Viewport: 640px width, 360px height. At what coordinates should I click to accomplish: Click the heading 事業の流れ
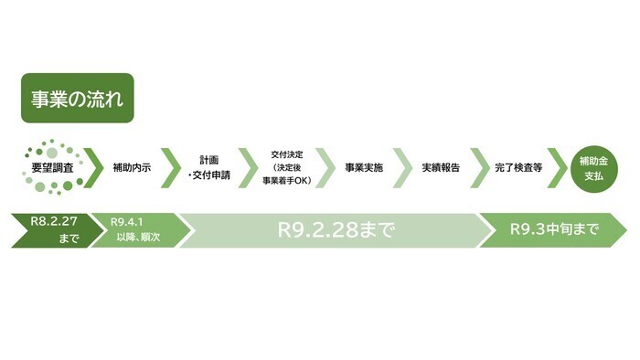(78, 98)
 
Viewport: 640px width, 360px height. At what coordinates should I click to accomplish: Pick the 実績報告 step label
(441, 168)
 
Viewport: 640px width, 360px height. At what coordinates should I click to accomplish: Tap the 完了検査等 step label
(518, 168)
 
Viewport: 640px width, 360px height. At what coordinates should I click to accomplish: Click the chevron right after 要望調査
(93, 168)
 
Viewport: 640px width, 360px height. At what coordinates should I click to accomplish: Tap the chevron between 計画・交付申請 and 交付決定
(248, 168)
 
